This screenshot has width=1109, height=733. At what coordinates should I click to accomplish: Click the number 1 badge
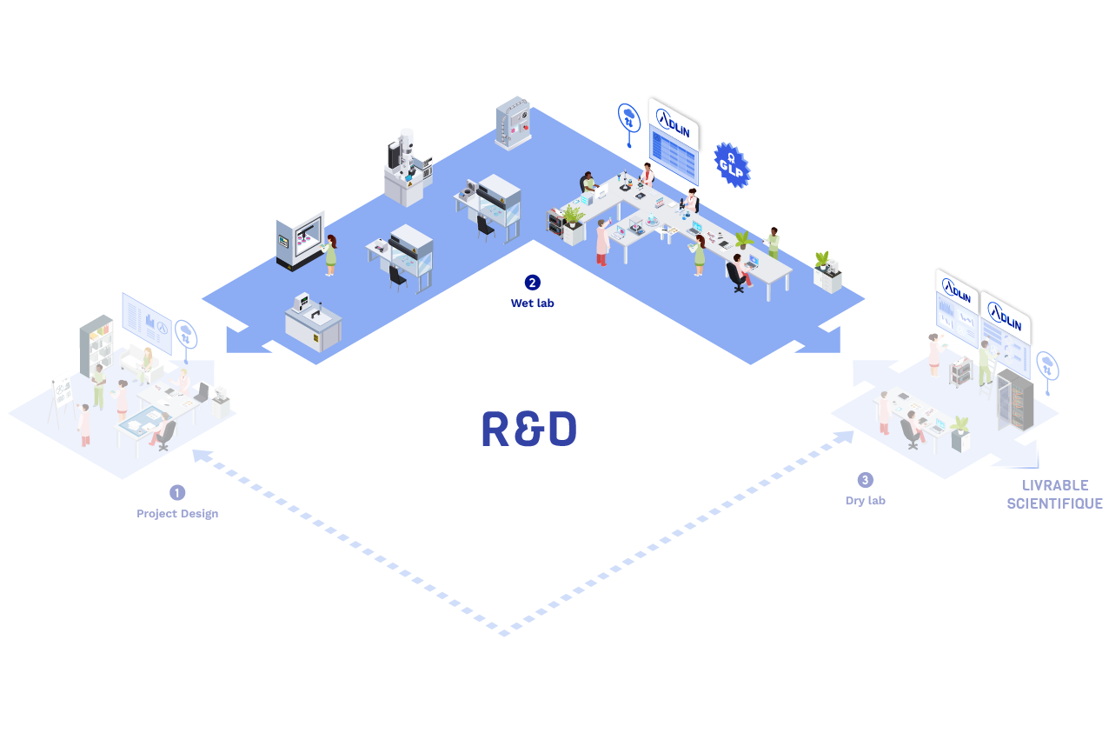[x=177, y=493]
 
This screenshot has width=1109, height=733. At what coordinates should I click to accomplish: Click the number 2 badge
[x=532, y=283]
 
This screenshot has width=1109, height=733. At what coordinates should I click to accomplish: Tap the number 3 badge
[x=865, y=480]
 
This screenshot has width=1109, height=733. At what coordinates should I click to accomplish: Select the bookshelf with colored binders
[x=96, y=344]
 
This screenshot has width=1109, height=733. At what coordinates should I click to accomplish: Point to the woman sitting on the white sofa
[x=145, y=363]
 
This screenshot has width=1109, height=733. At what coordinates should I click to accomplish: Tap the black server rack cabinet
[x=1016, y=399]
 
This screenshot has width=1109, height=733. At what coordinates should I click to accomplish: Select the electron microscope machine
[x=407, y=167]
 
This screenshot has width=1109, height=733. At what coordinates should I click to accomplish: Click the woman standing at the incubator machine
[x=330, y=254]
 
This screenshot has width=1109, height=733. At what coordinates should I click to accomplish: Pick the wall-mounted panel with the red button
[x=513, y=123]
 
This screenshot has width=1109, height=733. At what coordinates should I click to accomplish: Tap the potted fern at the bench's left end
[x=573, y=215]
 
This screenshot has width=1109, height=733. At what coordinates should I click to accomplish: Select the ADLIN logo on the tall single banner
[x=673, y=122]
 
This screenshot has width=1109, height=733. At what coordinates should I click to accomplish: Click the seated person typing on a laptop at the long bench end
[x=739, y=270]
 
